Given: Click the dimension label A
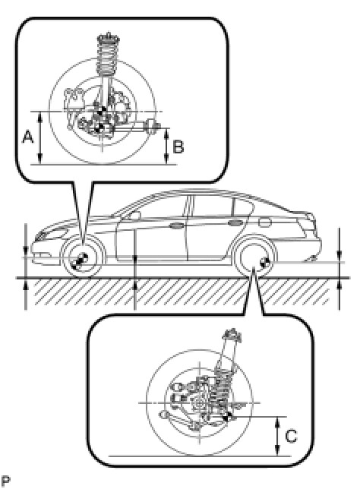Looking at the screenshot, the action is click(28, 137).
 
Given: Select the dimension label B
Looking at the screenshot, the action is click(178, 147).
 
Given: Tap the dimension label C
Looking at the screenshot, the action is click(291, 436).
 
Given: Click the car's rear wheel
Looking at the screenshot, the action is click(255, 257).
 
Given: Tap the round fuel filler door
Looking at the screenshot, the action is click(265, 222).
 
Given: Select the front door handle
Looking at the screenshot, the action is click(177, 226).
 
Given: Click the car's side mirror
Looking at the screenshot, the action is click(134, 215).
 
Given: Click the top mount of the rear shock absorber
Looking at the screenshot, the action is click(232, 336).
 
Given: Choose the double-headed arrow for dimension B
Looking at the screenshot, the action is click(167, 147).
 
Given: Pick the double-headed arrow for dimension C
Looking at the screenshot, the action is click(277, 437).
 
